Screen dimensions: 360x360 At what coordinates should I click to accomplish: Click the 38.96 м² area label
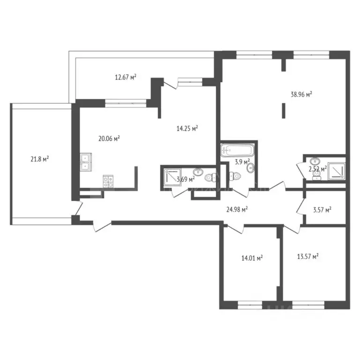(x=301, y=94)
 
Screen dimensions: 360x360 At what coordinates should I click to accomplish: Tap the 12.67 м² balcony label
(x=125, y=77)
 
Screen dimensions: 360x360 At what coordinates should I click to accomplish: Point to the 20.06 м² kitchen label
(x=109, y=138)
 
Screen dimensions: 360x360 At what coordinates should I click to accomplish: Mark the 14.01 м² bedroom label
(x=251, y=257)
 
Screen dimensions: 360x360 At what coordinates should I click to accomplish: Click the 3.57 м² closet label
(x=322, y=210)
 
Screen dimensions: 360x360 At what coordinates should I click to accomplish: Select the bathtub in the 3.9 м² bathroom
(x=238, y=151)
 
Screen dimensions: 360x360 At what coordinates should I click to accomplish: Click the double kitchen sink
(x=85, y=162)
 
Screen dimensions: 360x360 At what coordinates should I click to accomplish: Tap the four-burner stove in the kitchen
(x=109, y=181)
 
